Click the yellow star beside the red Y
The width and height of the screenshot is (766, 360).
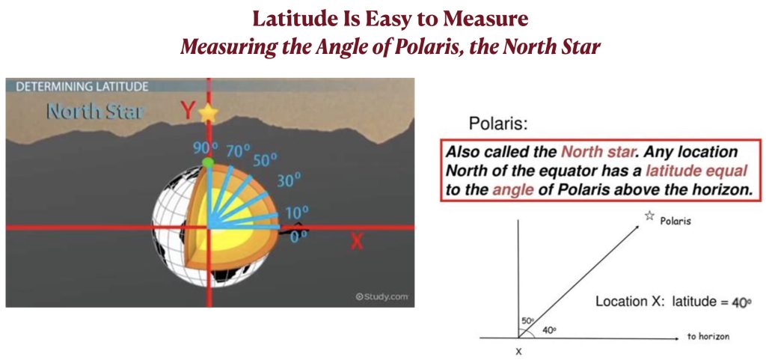(x=208, y=113)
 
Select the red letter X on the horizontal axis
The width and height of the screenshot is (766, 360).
(x=357, y=240)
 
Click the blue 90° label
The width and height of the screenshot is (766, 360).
(x=205, y=148)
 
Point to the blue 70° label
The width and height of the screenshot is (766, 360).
(x=238, y=151)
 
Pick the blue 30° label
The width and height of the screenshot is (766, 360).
(x=289, y=180)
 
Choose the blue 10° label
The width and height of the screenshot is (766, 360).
(x=298, y=213)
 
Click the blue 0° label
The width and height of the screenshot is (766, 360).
(x=297, y=235)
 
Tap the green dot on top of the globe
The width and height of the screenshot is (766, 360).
(x=208, y=162)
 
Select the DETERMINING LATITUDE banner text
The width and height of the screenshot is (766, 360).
(x=82, y=87)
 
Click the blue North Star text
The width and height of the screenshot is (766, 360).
(x=95, y=112)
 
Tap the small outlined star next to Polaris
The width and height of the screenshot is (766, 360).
(x=649, y=216)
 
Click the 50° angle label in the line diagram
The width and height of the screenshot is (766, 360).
(x=527, y=320)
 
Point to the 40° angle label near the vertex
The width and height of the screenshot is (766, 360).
(x=548, y=330)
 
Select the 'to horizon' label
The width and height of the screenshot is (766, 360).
(x=708, y=337)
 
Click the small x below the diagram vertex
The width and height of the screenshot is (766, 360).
(x=518, y=351)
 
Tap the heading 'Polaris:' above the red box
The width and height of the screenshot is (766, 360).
(x=498, y=124)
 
